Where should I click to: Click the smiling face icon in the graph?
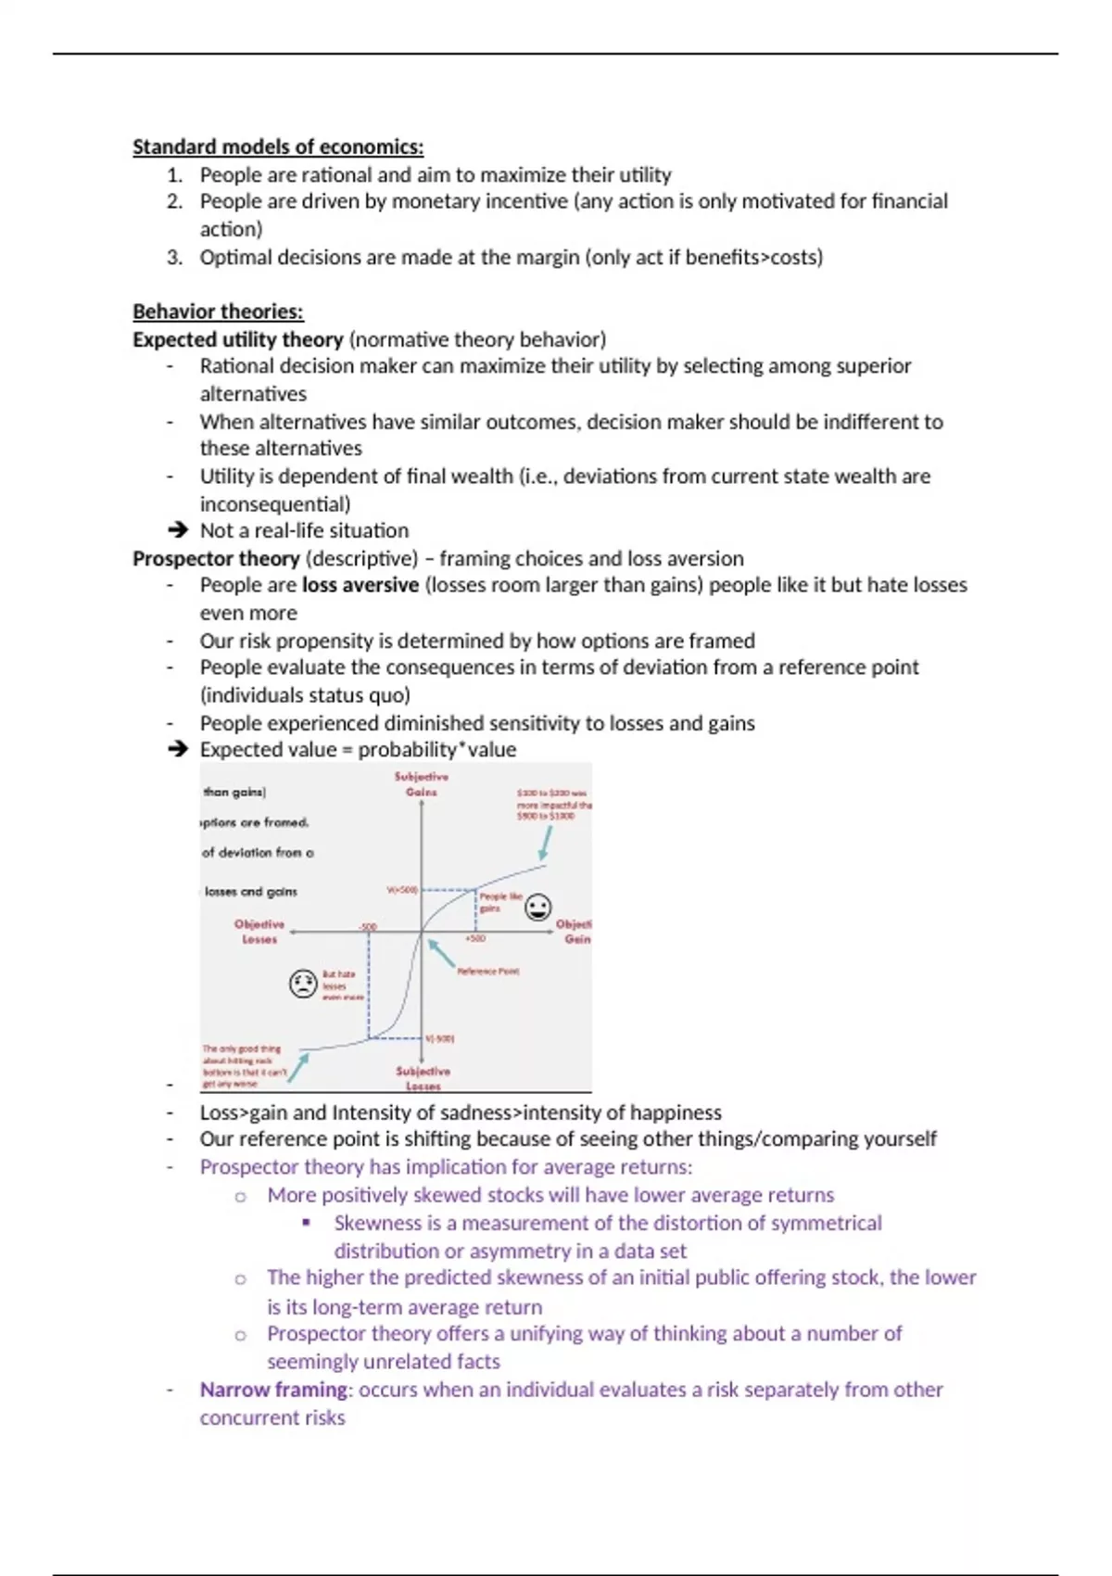(537, 908)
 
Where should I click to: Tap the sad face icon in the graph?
(303, 983)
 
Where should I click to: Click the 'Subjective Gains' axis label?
(422, 784)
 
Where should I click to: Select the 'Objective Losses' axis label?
(259, 932)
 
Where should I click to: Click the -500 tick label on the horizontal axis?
(368, 926)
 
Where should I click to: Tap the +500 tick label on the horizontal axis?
(474, 938)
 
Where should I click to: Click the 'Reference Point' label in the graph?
(488, 972)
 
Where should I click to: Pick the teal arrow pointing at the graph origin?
(441, 953)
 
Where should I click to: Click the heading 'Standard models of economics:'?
(278, 146)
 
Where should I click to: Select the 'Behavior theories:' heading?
(218, 311)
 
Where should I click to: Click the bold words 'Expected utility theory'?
(238, 339)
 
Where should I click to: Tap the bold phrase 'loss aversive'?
(360, 585)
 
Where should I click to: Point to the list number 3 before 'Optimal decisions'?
(174, 257)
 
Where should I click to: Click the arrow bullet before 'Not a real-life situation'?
(177, 530)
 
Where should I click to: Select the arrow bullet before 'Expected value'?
(177, 749)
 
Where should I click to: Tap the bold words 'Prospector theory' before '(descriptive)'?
(216, 558)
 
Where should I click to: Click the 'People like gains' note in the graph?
(499, 902)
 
